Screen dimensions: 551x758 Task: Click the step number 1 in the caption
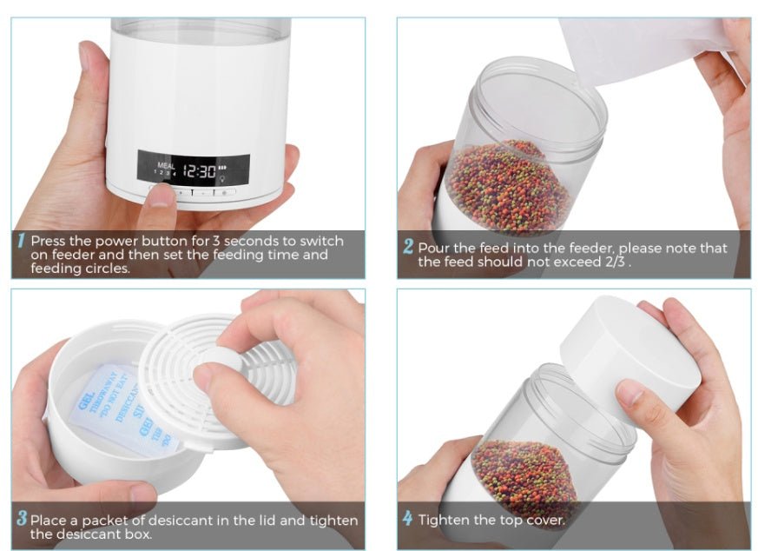21,241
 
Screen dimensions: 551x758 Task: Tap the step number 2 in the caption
407,247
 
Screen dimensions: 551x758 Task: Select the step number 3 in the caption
21,520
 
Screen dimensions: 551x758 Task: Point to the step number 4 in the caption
407,520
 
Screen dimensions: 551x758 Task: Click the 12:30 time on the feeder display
199,170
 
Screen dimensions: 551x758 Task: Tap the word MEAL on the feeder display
165,164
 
